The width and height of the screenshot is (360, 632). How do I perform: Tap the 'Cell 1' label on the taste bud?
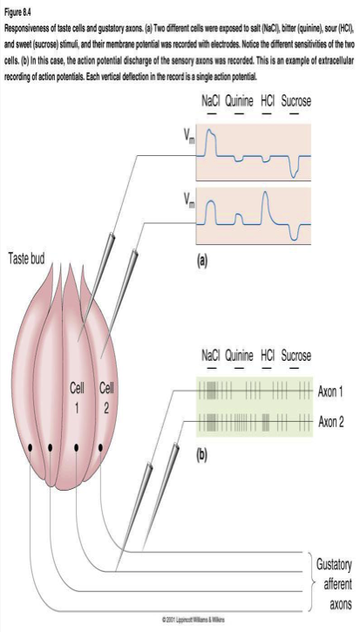[x=77, y=398]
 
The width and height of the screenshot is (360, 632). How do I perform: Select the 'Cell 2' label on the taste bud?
[x=106, y=398]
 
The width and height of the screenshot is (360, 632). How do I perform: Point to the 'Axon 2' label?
[x=330, y=422]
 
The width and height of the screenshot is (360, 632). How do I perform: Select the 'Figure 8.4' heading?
[x=17, y=12]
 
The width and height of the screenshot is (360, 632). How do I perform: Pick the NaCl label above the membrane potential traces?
[x=211, y=101]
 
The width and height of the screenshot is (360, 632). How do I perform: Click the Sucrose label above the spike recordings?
[x=295, y=356]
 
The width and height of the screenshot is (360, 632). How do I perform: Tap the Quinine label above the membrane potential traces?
[x=239, y=101]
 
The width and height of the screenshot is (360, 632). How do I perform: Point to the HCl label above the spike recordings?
[x=268, y=356]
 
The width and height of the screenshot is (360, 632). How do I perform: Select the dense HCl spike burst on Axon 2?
[x=265, y=423]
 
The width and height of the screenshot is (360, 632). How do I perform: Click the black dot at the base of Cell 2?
[x=100, y=447]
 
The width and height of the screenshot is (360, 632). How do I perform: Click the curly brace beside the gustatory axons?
[x=309, y=582]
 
